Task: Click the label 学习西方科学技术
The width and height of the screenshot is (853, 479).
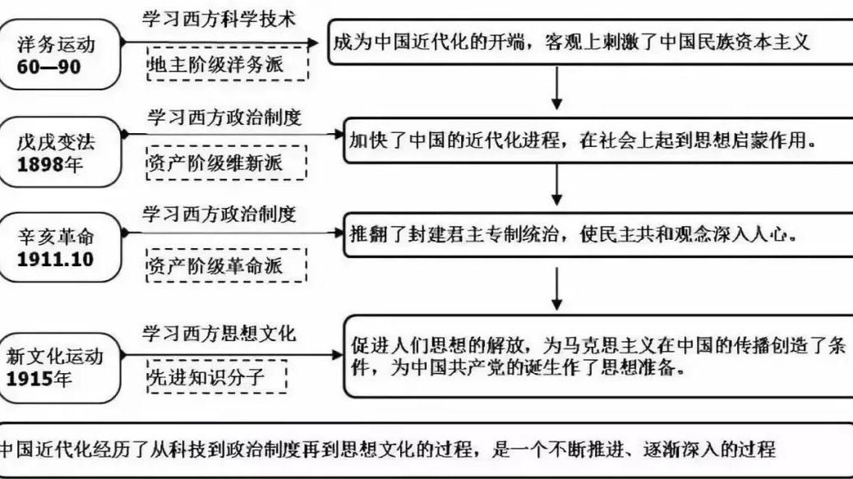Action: point(219,19)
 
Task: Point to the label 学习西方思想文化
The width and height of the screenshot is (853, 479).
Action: point(219,334)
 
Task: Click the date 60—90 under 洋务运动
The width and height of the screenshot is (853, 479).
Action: point(49,67)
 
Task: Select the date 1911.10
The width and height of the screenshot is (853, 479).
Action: point(56,260)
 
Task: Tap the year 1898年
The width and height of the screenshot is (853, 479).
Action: point(50,164)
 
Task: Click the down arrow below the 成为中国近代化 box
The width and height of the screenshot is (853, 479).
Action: point(556,88)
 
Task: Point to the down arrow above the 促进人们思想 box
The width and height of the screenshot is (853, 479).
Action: point(556,289)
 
